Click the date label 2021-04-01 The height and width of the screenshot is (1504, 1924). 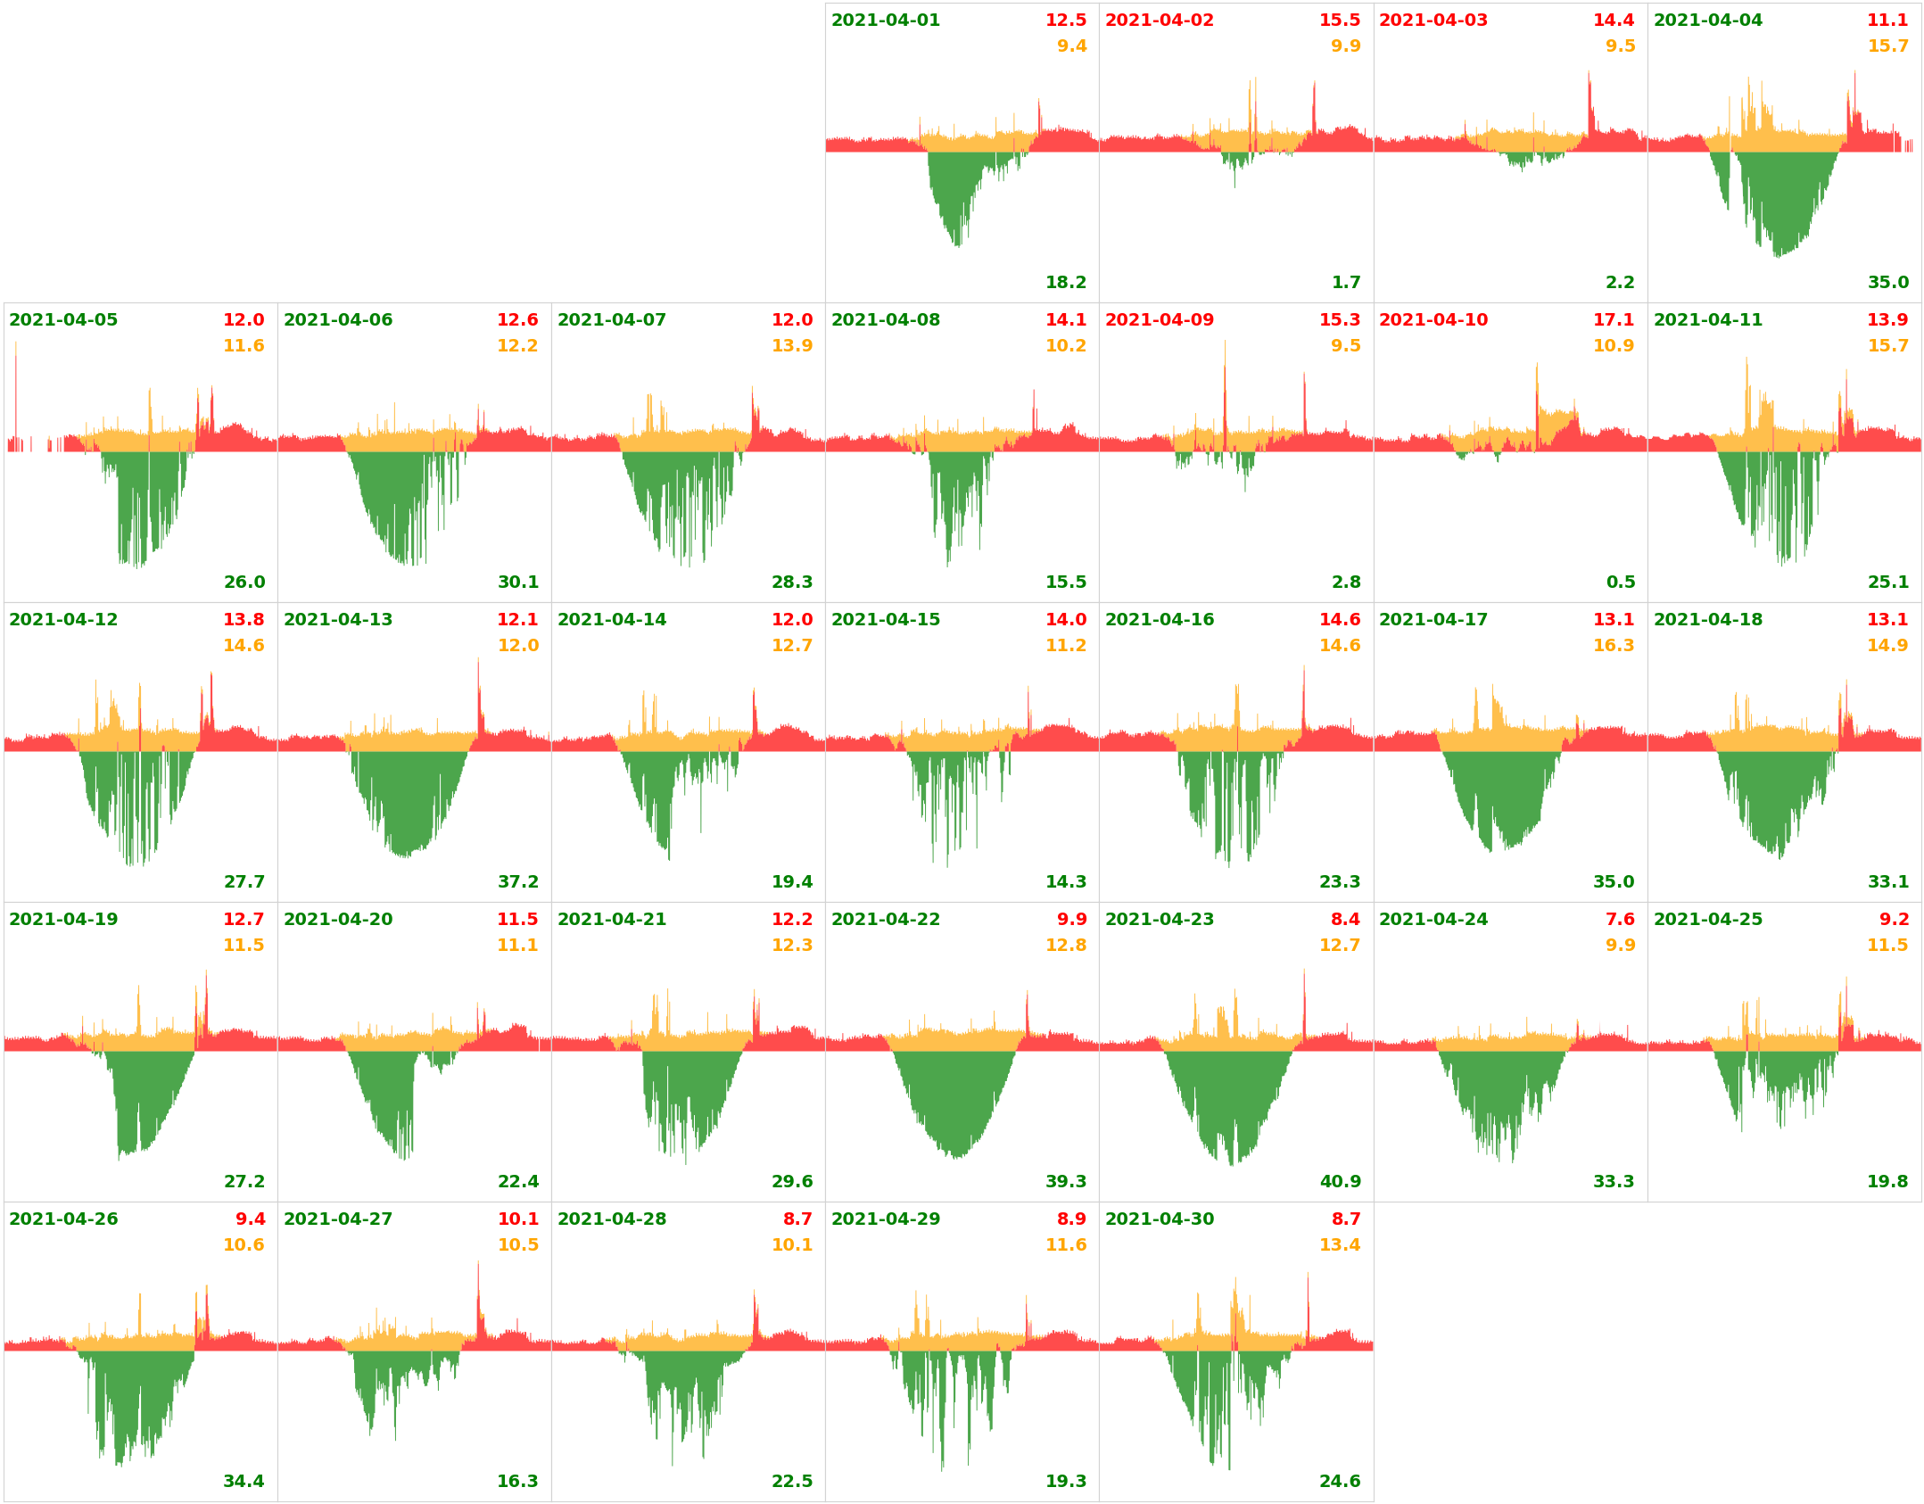pos(885,21)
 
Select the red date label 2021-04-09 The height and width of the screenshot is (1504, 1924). pos(1159,320)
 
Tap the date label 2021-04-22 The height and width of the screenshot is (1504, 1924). pos(885,920)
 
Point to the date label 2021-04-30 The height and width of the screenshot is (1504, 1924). pos(1159,1219)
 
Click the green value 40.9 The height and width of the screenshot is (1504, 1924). pos(1340,1182)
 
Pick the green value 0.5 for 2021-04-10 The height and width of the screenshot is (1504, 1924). pos(1620,583)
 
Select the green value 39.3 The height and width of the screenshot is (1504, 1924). pos(1066,1182)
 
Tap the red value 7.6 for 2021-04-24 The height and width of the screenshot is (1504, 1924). pos(1620,920)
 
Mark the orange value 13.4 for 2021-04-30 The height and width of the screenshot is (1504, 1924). pos(1340,1245)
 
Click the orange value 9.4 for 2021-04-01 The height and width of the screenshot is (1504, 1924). pos(1071,46)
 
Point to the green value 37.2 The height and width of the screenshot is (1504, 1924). pos(517,882)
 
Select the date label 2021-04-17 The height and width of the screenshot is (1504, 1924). pos(1433,620)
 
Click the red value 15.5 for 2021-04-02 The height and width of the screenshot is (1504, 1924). pos(1340,21)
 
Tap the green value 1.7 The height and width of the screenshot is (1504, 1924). pos(1346,283)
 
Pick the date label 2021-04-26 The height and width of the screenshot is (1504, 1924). pos(63,1219)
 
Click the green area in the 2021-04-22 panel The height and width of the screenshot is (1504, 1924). pos(954,1097)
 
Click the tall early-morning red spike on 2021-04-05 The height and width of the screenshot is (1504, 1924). pos(16,393)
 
